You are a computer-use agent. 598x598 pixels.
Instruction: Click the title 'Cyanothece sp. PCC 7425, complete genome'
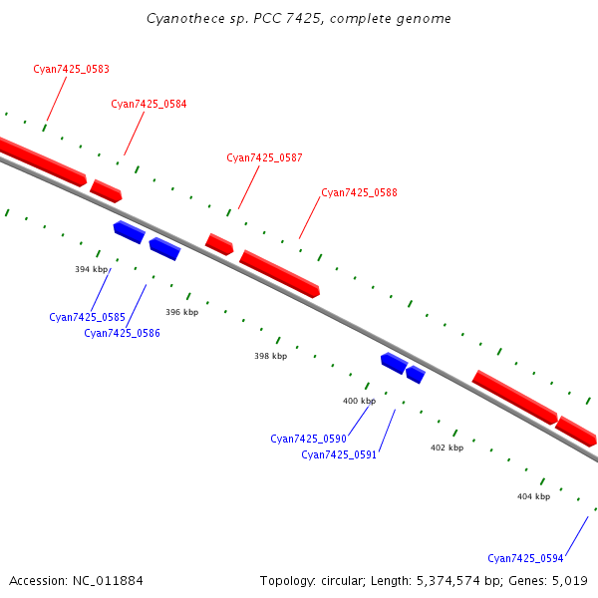(x=298, y=18)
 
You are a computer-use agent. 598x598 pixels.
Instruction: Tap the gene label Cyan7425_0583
(x=71, y=69)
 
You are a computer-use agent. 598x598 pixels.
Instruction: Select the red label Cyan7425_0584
(x=149, y=104)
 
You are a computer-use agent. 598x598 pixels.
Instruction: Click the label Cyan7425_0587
(x=264, y=157)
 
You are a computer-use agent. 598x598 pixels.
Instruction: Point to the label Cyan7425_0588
(x=359, y=192)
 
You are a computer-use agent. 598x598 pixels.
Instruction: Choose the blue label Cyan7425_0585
(x=87, y=317)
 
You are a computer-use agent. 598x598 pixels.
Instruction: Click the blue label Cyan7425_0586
(x=122, y=333)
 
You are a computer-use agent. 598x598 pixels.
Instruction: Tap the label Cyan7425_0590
(x=308, y=439)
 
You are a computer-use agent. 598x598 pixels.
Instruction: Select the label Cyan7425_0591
(x=339, y=454)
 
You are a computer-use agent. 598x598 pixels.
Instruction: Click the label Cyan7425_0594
(x=525, y=558)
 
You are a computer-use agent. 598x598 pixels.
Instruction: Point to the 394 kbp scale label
(x=91, y=269)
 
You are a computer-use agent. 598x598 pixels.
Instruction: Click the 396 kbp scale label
(x=181, y=312)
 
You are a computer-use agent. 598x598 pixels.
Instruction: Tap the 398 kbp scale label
(x=270, y=356)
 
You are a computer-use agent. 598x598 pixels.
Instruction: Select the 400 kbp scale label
(x=359, y=401)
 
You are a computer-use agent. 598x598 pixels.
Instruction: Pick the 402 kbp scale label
(x=447, y=448)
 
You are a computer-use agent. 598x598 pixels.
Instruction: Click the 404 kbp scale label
(x=533, y=495)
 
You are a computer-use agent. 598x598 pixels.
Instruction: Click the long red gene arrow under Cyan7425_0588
(x=279, y=273)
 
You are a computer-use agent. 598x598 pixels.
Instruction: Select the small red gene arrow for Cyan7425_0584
(x=106, y=190)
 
